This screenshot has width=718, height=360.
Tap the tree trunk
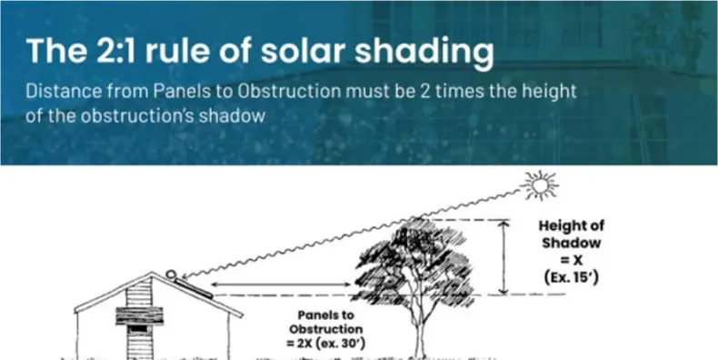(419, 323)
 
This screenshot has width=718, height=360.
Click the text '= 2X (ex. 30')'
(324, 342)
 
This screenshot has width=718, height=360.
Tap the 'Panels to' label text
(324, 314)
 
